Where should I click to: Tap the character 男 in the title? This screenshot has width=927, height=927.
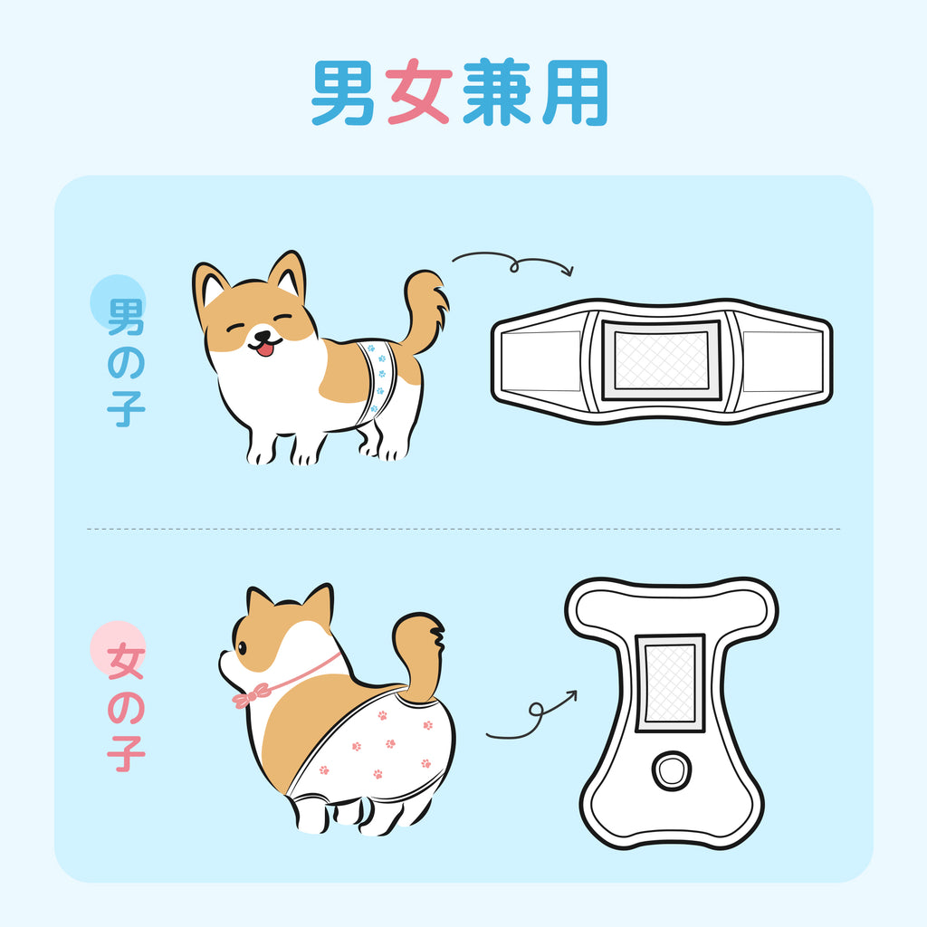coord(343,92)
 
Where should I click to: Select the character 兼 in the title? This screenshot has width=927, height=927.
coord(497,92)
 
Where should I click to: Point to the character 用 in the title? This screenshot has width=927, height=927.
coord(576,92)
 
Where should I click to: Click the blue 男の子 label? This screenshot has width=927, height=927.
coord(126,362)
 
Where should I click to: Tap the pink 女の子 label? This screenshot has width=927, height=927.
coord(126,707)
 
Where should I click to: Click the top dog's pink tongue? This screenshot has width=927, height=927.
coord(265,349)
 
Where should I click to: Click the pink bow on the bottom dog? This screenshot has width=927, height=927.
coord(252,696)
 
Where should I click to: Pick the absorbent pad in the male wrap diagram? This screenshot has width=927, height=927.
coord(661,360)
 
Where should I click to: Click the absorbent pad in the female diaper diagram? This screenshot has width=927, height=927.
coord(670,683)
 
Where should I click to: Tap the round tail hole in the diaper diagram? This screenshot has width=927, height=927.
coord(672,770)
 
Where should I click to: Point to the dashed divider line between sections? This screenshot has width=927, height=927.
coord(463,529)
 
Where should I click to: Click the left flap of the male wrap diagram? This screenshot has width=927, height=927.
coord(541,360)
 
